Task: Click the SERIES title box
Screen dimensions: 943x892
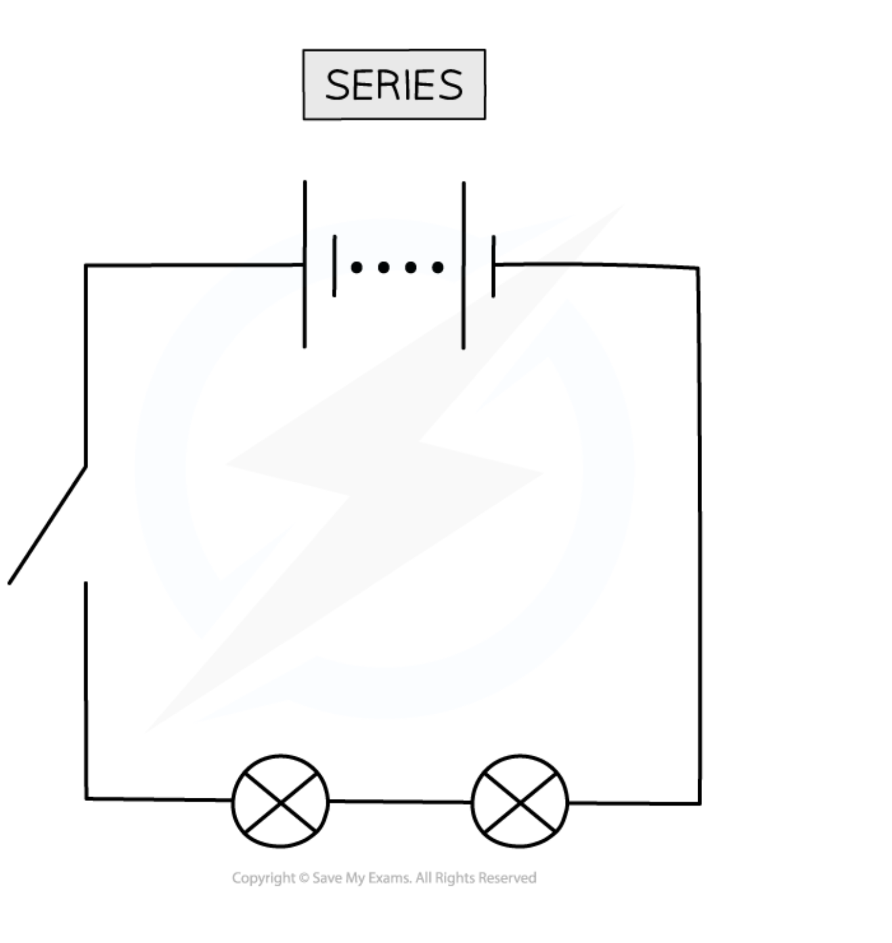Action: pos(394,84)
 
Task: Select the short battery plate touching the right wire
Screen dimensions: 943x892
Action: pos(493,266)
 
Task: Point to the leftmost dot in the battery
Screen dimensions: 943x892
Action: pos(357,267)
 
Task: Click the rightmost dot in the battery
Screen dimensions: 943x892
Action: pos(437,267)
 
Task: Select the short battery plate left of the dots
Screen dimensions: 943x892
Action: pos(334,265)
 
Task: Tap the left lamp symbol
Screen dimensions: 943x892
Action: pos(280,801)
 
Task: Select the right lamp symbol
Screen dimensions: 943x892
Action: pos(520,802)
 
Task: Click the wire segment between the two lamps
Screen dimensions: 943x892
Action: pos(400,801)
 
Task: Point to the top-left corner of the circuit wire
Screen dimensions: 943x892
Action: pos(86,265)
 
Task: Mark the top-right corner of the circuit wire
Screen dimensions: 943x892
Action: pos(698,268)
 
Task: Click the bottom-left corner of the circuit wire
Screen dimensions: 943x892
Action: pos(86,798)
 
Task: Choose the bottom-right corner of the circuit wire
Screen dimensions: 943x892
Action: pos(700,803)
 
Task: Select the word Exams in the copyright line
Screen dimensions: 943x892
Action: pos(390,878)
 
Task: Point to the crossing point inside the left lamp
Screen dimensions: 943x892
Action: pos(280,802)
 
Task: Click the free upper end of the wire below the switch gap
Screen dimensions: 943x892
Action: pos(86,584)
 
